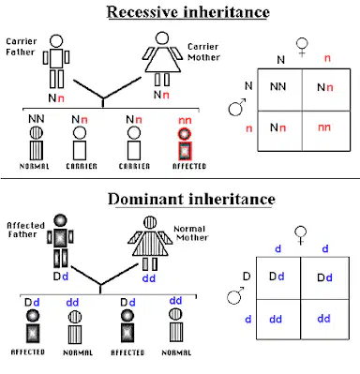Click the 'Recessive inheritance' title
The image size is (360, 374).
pyautogui.click(x=188, y=12)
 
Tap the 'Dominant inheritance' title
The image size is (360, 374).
pyautogui.click(x=191, y=199)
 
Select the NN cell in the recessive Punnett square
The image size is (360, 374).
pyautogui.click(x=278, y=86)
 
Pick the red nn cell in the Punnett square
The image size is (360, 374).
pyautogui.click(x=324, y=127)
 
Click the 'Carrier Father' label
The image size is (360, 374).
pyautogui.click(x=22, y=47)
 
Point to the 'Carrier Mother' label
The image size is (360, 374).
pyautogui.click(x=203, y=52)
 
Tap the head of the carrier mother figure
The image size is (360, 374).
pyautogui.click(x=162, y=38)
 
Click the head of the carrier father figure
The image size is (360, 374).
pyautogui.click(x=56, y=41)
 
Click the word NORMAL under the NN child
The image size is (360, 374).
pyautogui.click(x=35, y=166)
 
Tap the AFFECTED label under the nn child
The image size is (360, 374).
pyautogui.click(x=189, y=166)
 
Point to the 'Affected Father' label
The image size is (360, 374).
pyautogui.click(x=25, y=230)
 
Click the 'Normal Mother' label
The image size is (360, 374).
pyautogui.click(x=191, y=233)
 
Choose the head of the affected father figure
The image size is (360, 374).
pyautogui.click(x=60, y=220)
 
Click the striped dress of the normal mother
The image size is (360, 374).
pyautogui.click(x=150, y=243)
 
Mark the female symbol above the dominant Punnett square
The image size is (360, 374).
pyautogui.click(x=301, y=235)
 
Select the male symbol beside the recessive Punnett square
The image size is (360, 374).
pyautogui.click(x=237, y=107)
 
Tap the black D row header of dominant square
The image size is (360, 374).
pyautogui.click(x=247, y=277)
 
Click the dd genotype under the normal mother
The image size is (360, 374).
pyautogui.click(x=149, y=278)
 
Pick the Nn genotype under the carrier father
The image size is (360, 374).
pyautogui.click(x=56, y=98)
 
